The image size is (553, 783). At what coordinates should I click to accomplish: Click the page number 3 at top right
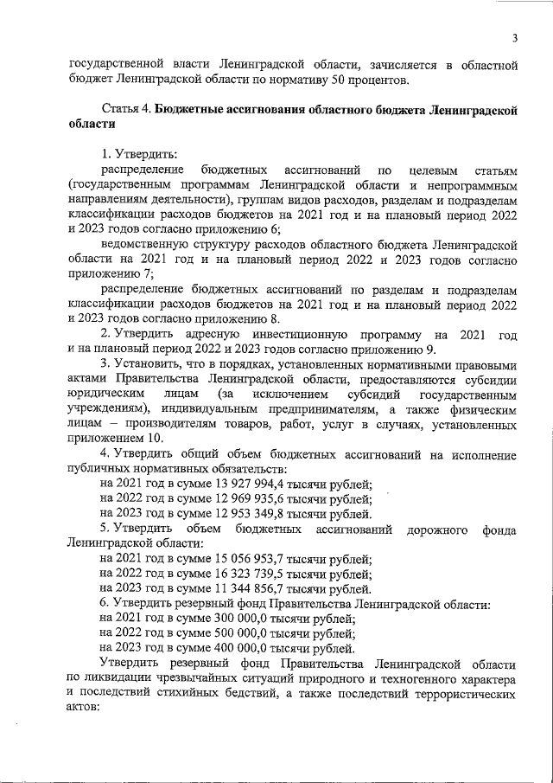point(513,37)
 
